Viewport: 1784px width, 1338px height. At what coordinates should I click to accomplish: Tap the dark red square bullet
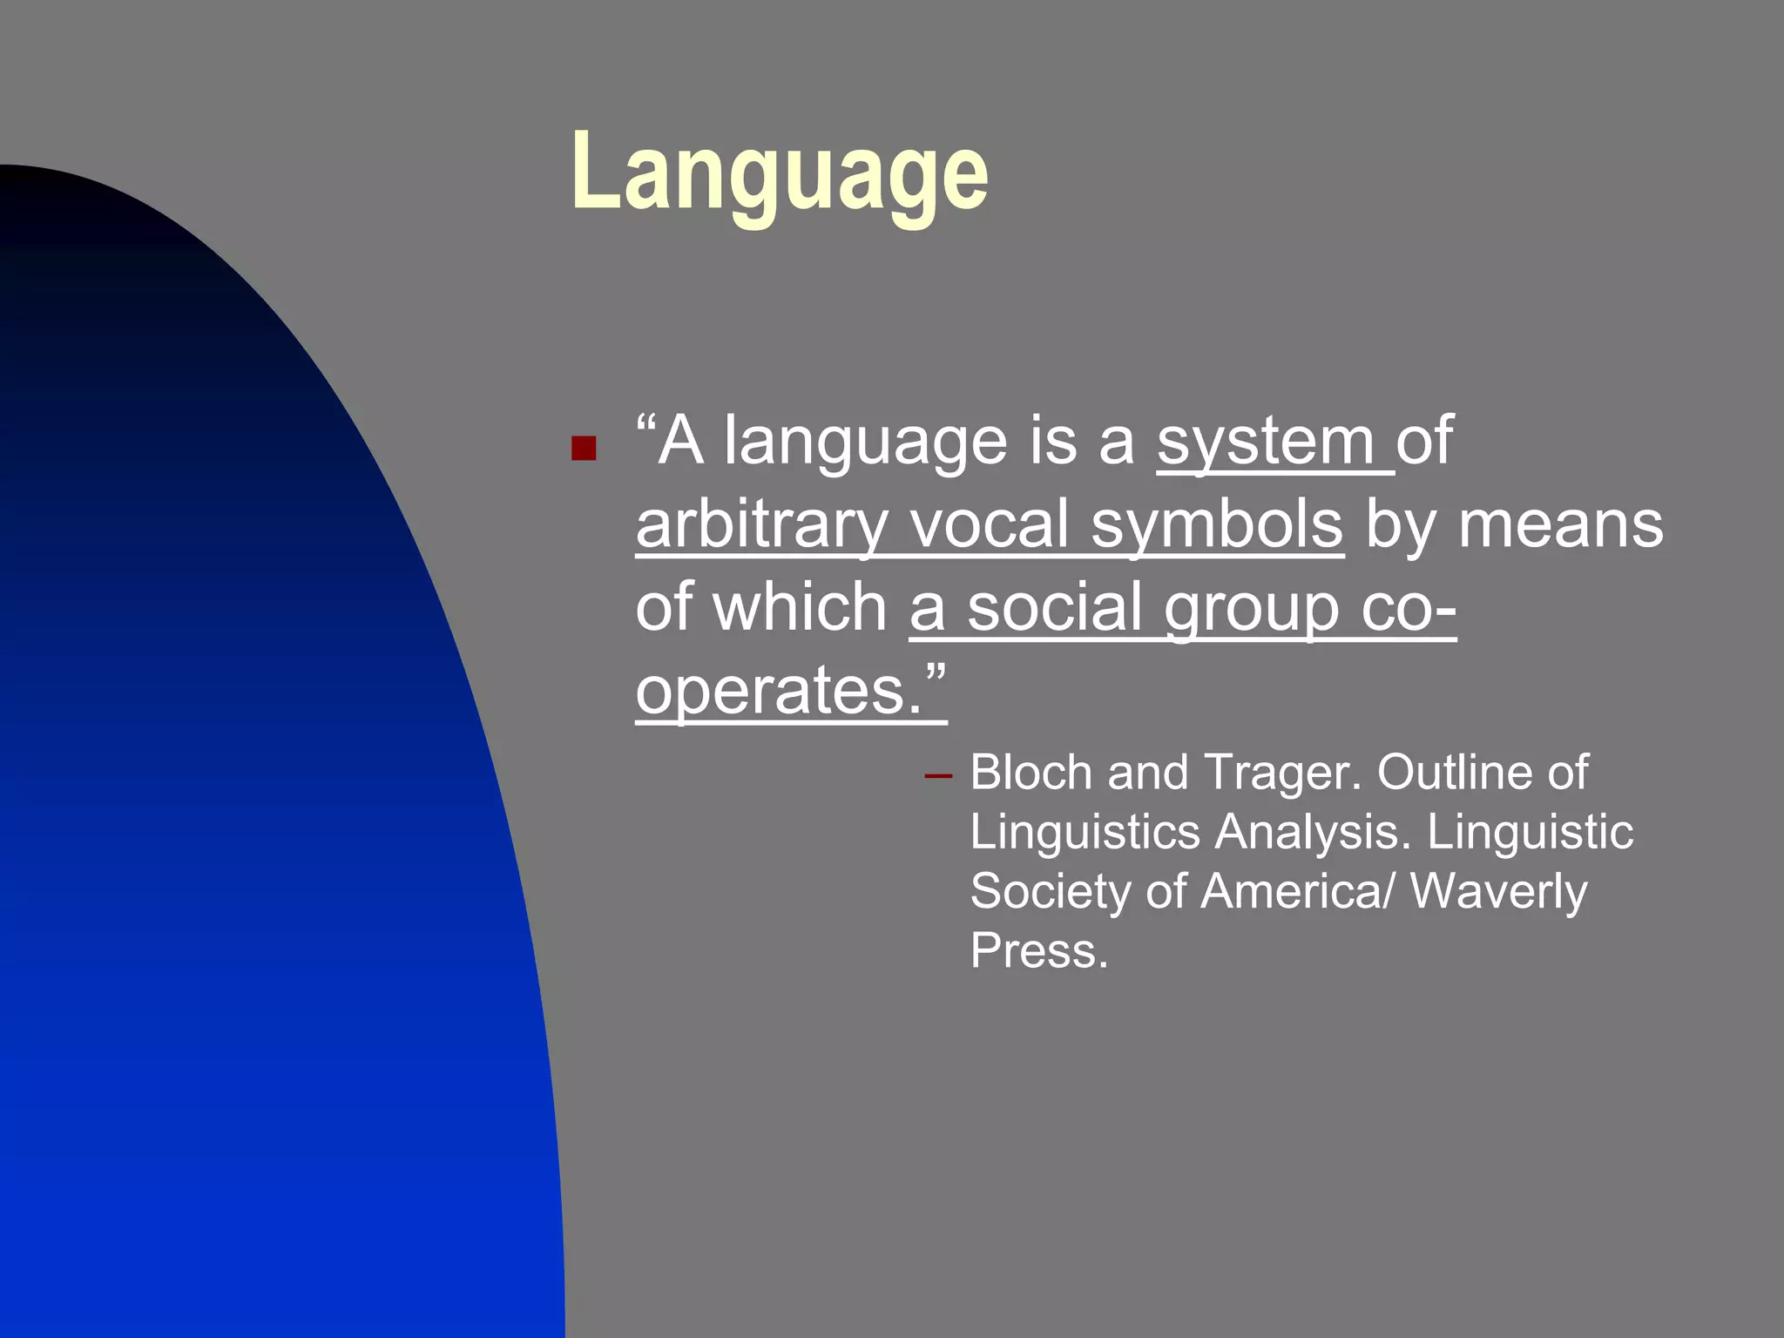pyautogui.click(x=584, y=449)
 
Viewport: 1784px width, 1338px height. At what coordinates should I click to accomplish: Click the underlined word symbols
pyautogui.click(x=1217, y=524)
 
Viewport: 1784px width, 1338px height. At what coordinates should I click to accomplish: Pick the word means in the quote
pyautogui.click(x=1560, y=524)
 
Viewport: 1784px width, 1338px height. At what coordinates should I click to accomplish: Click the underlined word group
pyautogui.click(x=1252, y=608)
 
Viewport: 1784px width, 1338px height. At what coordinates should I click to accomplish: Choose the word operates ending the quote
pyautogui.click(x=778, y=690)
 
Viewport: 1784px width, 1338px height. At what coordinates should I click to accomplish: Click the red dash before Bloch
pyautogui.click(x=937, y=774)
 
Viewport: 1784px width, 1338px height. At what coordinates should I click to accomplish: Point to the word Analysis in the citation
pyautogui.click(x=1312, y=832)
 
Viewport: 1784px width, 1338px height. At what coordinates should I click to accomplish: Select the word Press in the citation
pyautogui.click(x=1038, y=950)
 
